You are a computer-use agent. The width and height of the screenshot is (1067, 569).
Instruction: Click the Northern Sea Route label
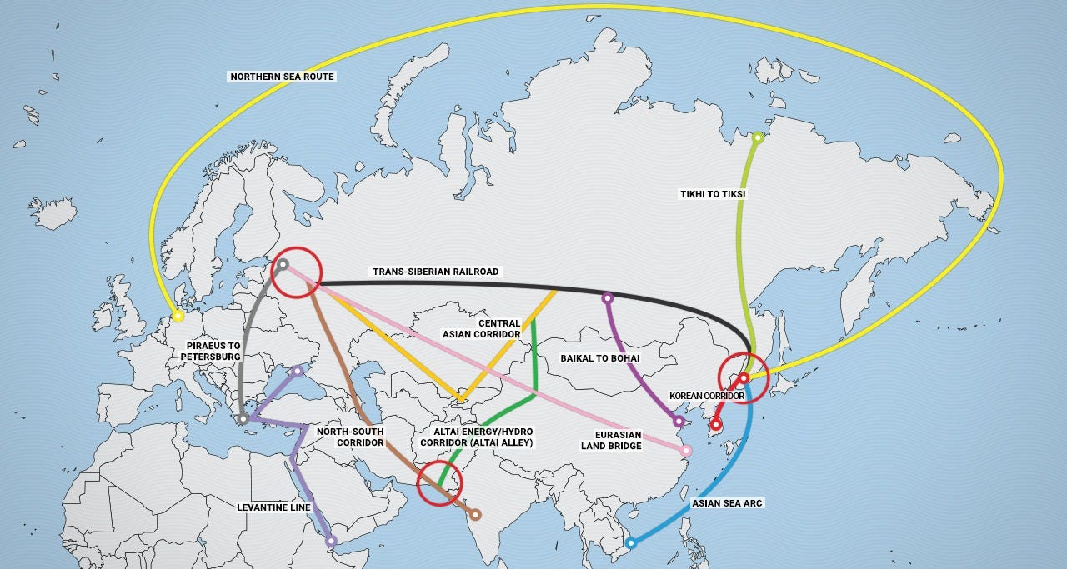tap(282, 77)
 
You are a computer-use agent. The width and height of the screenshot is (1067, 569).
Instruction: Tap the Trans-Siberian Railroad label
tap(435, 272)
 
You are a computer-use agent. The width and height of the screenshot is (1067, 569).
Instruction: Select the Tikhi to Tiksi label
tap(713, 194)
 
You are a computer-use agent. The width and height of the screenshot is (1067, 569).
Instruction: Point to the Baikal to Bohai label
tap(600, 358)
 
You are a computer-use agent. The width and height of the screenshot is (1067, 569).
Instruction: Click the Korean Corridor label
tap(706, 396)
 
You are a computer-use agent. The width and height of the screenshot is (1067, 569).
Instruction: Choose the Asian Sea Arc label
tap(727, 503)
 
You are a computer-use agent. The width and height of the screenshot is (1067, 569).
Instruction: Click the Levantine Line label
tap(273, 507)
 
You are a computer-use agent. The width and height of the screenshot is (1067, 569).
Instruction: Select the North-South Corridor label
tap(350, 437)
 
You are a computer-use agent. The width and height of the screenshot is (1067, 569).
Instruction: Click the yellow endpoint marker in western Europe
tap(178, 317)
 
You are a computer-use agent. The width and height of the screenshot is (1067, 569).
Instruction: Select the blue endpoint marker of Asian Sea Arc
tap(631, 543)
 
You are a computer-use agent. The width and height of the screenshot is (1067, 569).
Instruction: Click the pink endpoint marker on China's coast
tap(686, 451)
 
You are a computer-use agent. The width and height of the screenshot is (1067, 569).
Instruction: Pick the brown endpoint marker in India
tap(475, 515)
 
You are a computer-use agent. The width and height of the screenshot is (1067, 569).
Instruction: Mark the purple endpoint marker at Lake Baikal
tap(608, 297)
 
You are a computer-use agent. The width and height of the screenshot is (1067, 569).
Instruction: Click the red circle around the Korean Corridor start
tap(743, 377)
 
